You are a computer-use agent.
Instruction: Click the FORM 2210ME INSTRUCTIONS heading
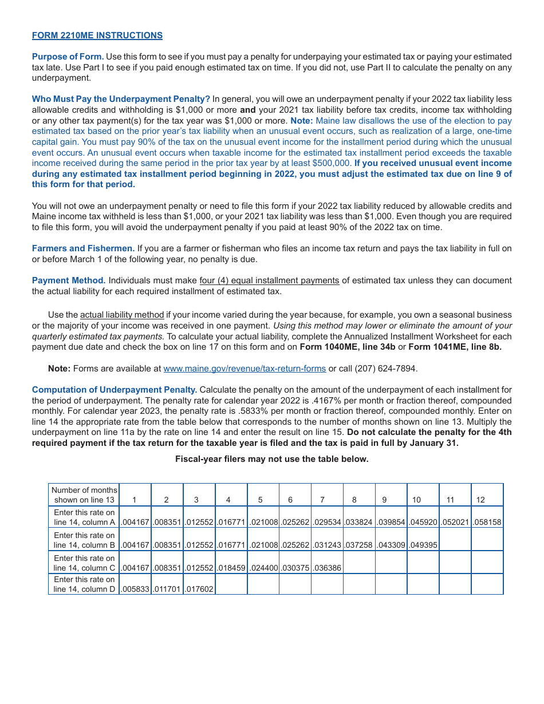(97, 35)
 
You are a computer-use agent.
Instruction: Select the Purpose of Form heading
(68, 57)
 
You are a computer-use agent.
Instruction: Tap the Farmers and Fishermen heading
(83, 248)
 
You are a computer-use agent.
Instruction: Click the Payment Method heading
(69, 280)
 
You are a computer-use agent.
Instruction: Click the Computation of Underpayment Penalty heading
(115, 390)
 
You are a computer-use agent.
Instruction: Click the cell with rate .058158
(487, 522)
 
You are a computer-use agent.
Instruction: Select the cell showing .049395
(423, 545)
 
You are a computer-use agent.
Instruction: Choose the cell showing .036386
(327, 568)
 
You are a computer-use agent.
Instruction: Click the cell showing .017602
(199, 589)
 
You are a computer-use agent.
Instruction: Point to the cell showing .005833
(135, 589)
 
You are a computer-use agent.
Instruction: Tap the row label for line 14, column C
(84, 563)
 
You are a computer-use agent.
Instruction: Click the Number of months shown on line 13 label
(84, 495)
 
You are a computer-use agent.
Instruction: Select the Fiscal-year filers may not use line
(271, 459)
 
